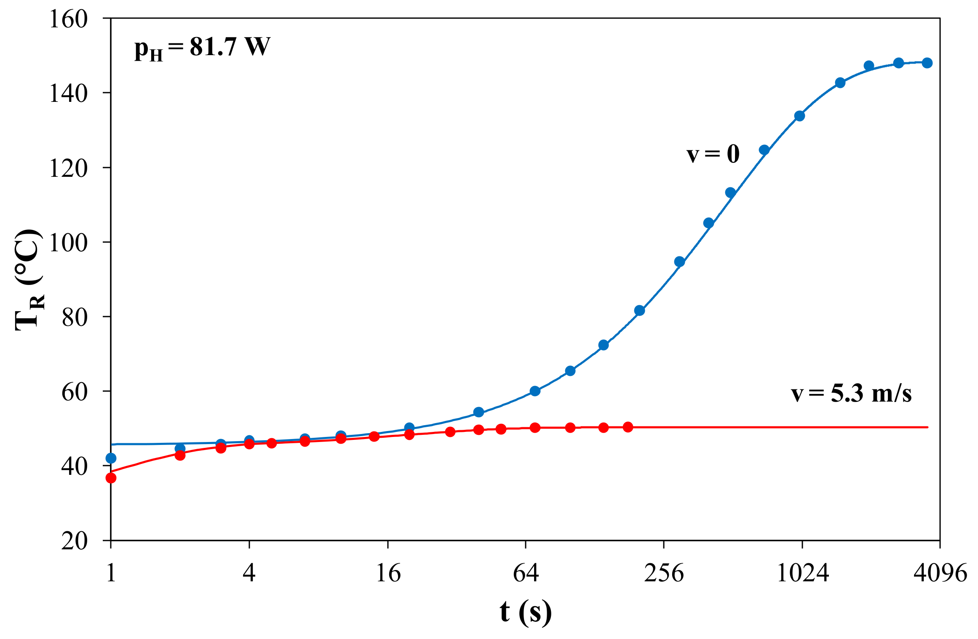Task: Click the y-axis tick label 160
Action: pyautogui.click(x=68, y=19)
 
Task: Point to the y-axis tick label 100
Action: pyautogui.click(x=68, y=242)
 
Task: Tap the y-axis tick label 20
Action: pyautogui.click(x=74, y=541)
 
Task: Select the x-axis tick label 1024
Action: pyautogui.click(x=802, y=573)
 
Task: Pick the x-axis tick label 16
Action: pyautogui.click(x=388, y=573)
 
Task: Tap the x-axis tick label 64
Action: pyautogui.click(x=526, y=573)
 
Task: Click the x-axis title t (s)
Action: pyautogui.click(x=526, y=611)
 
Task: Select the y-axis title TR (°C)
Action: pyautogui.click(x=29, y=280)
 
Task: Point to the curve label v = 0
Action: pyautogui.click(x=713, y=154)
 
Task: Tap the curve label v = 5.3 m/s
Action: pyautogui.click(x=851, y=394)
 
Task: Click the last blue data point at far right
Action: pyautogui.click(x=927, y=63)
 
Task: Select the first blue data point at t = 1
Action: pyautogui.click(x=111, y=458)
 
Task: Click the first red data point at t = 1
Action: pyautogui.click(x=111, y=478)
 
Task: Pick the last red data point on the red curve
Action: pyautogui.click(x=628, y=427)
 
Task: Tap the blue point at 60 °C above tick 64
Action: pyautogui.click(x=535, y=391)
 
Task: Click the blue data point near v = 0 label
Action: pyautogui.click(x=764, y=150)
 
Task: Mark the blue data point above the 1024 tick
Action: pyautogui.click(x=799, y=116)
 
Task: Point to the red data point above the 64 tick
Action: pyautogui.click(x=535, y=428)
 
